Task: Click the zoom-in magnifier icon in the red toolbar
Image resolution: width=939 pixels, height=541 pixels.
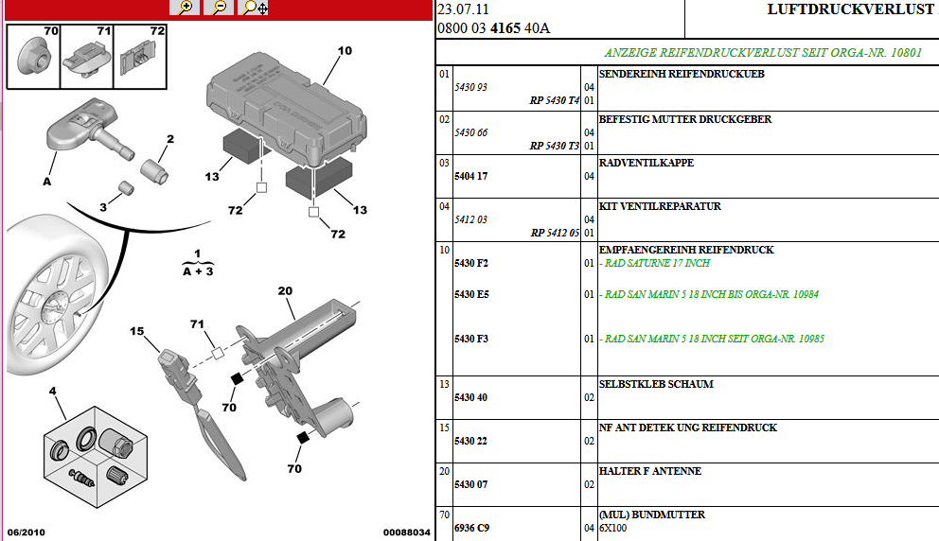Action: (x=185, y=8)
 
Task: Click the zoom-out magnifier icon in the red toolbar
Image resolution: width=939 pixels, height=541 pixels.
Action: (x=219, y=8)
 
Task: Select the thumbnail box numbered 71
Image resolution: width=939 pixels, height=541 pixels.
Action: (x=87, y=57)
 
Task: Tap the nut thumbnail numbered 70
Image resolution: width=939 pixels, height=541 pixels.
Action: (x=33, y=57)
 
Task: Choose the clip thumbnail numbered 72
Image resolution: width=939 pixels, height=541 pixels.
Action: (x=140, y=57)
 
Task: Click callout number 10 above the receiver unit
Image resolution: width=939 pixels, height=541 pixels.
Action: (x=345, y=51)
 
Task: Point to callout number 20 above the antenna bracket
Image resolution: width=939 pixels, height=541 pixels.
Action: (x=285, y=291)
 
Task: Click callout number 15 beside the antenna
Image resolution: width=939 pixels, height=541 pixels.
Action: (x=137, y=331)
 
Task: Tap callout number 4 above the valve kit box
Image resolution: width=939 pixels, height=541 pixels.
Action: (x=53, y=391)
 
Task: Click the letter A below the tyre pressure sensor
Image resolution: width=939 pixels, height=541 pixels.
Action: (x=47, y=182)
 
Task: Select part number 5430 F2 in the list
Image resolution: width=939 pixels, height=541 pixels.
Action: (x=471, y=263)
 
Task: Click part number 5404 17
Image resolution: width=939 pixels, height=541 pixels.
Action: (x=470, y=176)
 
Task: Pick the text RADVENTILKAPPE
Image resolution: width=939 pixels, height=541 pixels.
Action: (x=647, y=163)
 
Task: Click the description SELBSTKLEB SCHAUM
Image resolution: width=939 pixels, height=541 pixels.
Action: (x=656, y=384)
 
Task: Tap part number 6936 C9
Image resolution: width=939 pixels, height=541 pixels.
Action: (x=472, y=528)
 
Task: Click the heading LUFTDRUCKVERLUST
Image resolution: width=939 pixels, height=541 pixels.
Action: (x=850, y=9)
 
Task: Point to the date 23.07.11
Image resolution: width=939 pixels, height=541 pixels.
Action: (x=464, y=9)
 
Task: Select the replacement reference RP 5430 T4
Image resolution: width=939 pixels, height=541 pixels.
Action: (x=555, y=100)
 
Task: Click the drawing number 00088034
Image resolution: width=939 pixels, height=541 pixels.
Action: (x=407, y=532)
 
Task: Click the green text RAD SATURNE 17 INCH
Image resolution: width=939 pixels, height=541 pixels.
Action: (x=657, y=263)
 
